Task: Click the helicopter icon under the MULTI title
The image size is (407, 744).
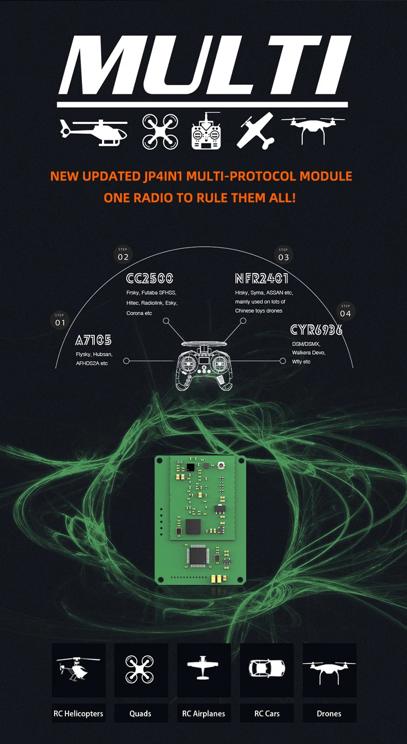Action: click(x=94, y=131)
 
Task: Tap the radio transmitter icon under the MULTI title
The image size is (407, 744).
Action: click(x=206, y=132)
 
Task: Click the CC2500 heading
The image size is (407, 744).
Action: click(x=150, y=278)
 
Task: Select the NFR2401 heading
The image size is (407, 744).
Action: click(x=262, y=278)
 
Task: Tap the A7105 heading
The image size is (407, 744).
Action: click(x=93, y=340)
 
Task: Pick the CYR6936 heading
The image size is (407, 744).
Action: click(x=316, y=329)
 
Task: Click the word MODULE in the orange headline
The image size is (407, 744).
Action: click(x=326, y=176)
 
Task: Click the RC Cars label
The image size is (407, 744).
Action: click(x=267, y=714)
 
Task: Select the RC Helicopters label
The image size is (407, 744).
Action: click(x=78, y=714)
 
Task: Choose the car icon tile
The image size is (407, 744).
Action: click(x=267, y=669)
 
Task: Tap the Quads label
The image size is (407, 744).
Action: click(x=140, y=714)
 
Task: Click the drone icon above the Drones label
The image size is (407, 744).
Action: click(x=329, y=669)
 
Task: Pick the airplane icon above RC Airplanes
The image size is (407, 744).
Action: click(x=203, y=669)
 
